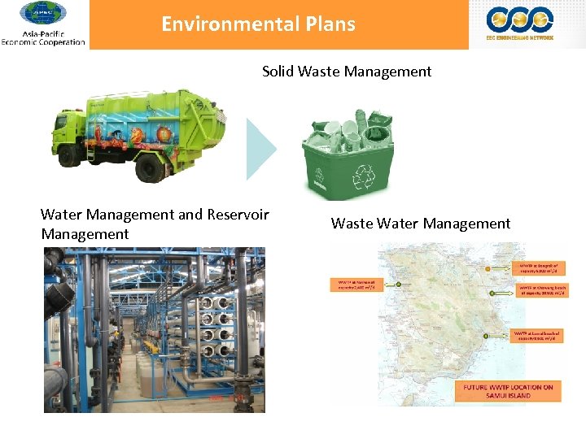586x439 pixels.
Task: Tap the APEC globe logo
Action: point(43,14)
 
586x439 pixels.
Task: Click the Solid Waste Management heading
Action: point(347,72)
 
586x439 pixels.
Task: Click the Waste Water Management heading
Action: point(421,224)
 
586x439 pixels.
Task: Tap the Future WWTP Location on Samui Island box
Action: point(509,392)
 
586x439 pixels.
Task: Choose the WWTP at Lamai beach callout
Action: point(537,335)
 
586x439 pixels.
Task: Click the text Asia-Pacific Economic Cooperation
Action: point(43,38)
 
